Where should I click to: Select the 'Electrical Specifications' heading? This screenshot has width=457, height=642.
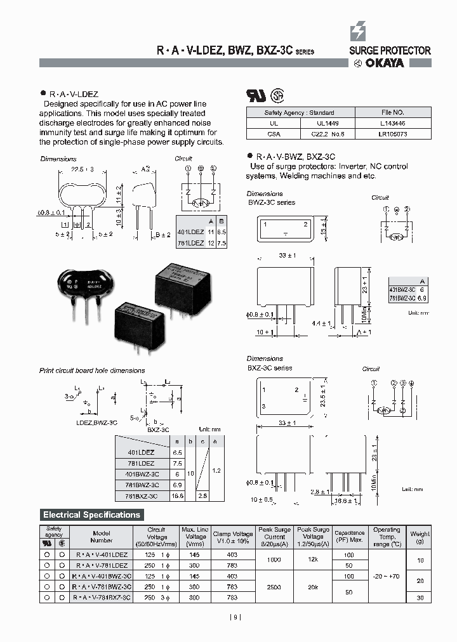click(91, 514)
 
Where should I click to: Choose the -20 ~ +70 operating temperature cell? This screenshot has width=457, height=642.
click(387, 576)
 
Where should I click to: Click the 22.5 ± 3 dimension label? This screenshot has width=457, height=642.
click(83, 169)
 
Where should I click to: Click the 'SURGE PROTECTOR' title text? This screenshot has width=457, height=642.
click(390, 50)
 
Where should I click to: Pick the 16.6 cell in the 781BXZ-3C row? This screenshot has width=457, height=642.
click(177, 495)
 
